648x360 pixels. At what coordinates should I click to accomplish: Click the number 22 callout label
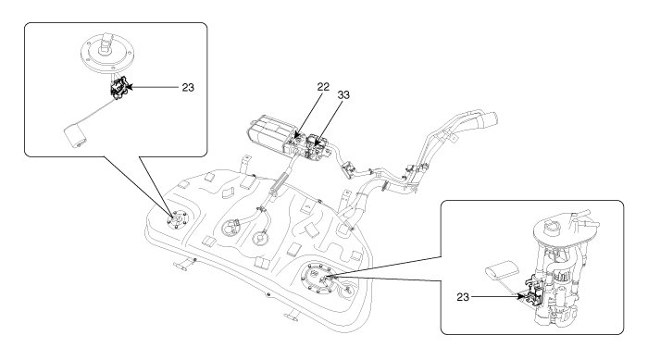click(x=323, y=87)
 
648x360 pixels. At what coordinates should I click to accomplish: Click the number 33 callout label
click(x=343, y=95)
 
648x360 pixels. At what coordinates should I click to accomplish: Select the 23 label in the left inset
click(x=188, y=88)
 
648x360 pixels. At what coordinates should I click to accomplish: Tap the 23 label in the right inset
click(x=463, y=297)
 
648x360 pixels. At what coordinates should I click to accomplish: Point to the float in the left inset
click(x=76, y=136)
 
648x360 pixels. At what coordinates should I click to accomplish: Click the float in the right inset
click(x=502, y=271)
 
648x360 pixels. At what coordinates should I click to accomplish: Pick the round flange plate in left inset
click(x=108, y=55)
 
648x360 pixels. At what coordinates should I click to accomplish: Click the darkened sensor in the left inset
click(x=119, y=88)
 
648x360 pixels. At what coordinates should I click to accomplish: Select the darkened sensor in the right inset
click(x=533, y=292)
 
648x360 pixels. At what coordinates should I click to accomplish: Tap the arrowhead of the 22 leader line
click(x=296, y=135)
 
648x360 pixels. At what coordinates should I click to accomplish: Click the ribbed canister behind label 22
click(x=268, y=132)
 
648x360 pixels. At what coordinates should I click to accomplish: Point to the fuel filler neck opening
click(x=491, y=118)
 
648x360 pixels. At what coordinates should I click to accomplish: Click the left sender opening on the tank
click(x=178, y=219)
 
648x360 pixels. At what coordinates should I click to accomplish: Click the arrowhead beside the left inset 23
click(x=129, y=87)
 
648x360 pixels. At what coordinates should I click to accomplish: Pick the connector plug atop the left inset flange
click(x=106, y=43)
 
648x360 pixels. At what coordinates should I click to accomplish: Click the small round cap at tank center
click(x=261, y=239)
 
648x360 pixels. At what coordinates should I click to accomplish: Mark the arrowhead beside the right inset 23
click(x=520, y=296)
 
